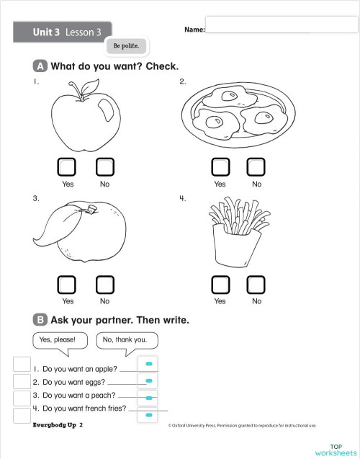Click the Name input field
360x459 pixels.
tap(282, 25)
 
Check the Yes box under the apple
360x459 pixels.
tap(68, 166)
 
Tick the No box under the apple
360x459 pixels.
tap(105, 166)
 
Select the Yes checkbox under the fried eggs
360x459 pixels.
tap(220, 166)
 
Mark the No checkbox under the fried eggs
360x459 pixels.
tap(256, 166)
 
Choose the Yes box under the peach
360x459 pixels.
tap(68, 284)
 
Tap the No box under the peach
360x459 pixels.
tap(105, 284)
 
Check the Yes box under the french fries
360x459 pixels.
tap(220, 284)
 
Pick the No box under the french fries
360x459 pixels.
tap(256, 284)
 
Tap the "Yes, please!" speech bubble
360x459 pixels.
tap(58, 339)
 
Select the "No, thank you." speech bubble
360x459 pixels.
tap(125, 339)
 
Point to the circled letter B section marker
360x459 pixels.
tap(40, 318)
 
